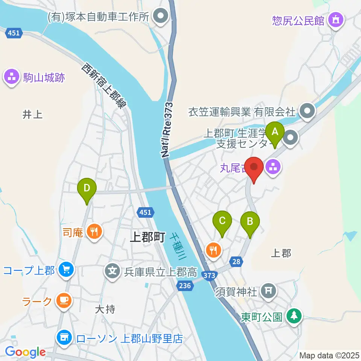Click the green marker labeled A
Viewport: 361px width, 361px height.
pyautogui.click(x=275, y=132)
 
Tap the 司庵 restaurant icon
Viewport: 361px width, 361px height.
pyautogui.click(x=93, y=231)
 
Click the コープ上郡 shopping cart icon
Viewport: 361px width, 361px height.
pyautogui.click(x=66, y=270)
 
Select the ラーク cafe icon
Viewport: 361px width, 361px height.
pyautogui.click(x=64, y=300)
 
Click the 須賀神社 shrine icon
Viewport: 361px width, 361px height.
pyautogui.click(x=268, y=290)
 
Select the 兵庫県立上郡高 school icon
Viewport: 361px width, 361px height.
pyautogui.click(x=112, y=270)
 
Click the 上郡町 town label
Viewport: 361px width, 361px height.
pyautogui.click(x=148, y=237)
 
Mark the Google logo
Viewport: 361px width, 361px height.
pyautogui.click(x=25, y=352)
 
